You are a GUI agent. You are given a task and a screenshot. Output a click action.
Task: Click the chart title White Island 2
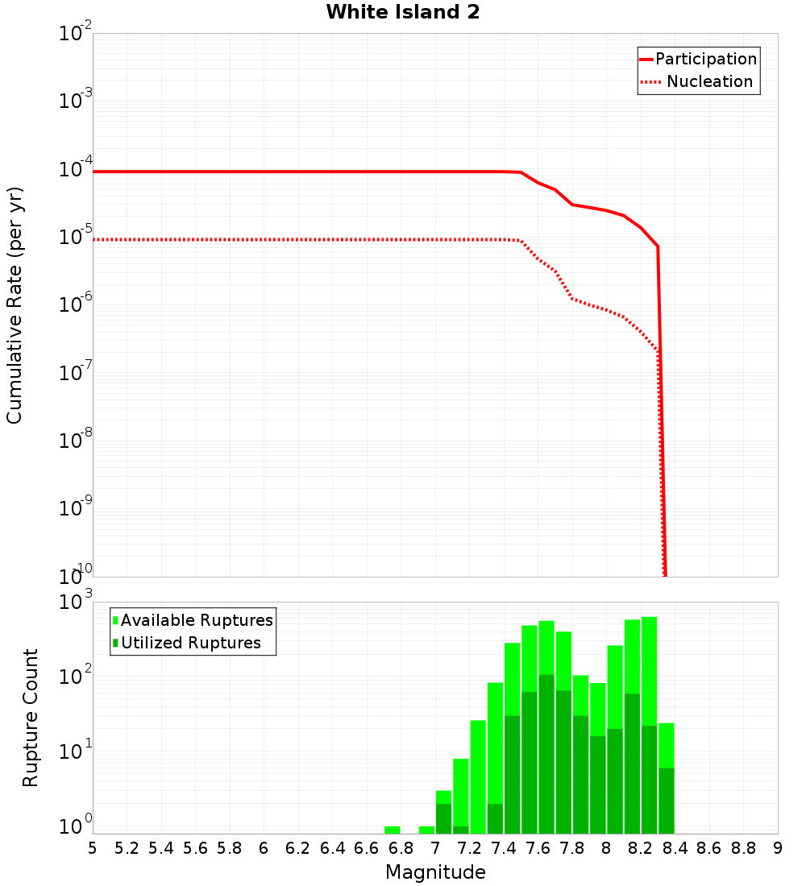coord(402,13)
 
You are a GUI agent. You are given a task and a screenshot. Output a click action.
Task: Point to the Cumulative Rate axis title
coord(15,305)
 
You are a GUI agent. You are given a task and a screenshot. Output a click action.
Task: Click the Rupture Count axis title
coord(31,718)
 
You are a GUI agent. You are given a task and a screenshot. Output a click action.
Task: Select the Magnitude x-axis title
coord(435,872)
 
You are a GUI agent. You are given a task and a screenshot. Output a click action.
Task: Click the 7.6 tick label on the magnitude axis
coord(538,848)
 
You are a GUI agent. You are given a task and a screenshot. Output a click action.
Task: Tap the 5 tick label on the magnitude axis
coord(93,848)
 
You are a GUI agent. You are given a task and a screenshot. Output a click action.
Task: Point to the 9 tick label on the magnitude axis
coord(777,848)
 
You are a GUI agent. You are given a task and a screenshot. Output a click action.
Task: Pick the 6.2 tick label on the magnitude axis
coord(298,848)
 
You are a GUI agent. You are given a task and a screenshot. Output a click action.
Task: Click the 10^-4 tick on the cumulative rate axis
coord(76,170)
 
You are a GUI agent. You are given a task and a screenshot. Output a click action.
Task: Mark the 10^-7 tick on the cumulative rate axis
coord(76,373)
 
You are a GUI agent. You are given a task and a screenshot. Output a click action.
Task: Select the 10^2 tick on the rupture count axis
coord(76,675)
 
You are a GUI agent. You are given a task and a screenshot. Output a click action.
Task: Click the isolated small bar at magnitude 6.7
coord(393,830)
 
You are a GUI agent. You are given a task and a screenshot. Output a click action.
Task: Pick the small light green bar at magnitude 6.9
coord(426,830)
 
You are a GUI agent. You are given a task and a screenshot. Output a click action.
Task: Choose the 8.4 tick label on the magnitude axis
coord(675,848)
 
